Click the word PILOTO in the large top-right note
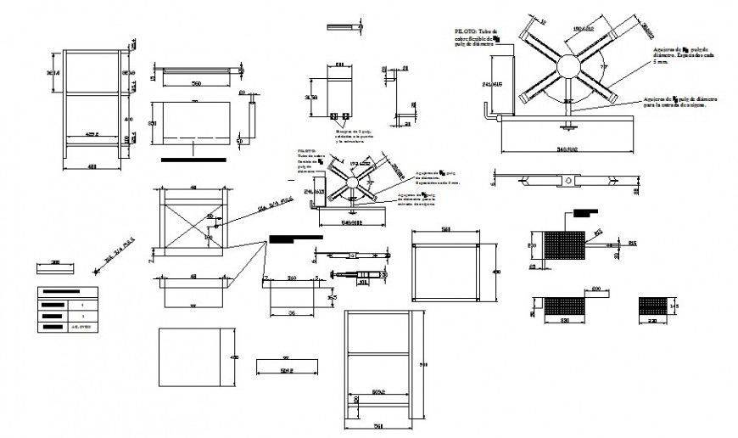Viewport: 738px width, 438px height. [x=466, y=29]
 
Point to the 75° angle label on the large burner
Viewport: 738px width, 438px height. [x=604, y=65]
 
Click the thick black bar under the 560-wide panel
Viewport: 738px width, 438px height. [x=193, y=158]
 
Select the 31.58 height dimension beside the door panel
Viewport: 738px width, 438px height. [x=310, y=98]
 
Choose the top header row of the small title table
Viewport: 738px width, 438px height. [x=67, y=293]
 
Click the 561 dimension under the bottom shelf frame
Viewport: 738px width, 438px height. [x=379, y=426]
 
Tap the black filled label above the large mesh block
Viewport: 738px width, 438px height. [x=585, y=212]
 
